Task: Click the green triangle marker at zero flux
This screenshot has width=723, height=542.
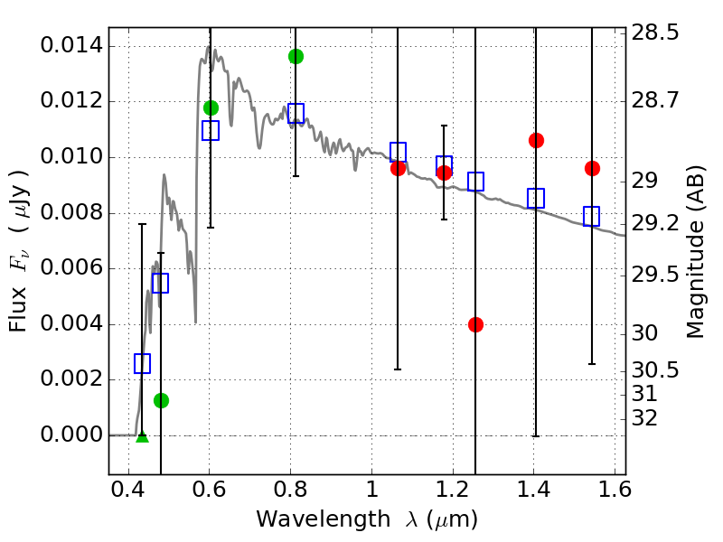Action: click(x=142, y=436)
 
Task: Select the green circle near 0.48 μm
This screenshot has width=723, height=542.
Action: click(x=161, y=400)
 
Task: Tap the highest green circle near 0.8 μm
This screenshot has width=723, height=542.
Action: click(x=296, y=56)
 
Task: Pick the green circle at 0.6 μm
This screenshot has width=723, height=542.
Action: click(x=211, y=107)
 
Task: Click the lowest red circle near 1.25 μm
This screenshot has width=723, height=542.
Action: click(x=475, y=324)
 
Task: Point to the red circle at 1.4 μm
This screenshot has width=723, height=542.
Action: click(x=536, y=140)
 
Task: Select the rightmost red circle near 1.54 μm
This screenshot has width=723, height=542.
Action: click(x=592, y=168)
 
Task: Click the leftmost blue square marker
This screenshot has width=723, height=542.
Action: click(x=142, y=363)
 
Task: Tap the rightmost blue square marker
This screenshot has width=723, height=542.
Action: click(x=592, y=216)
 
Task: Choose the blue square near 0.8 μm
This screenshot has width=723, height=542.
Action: click(x=296, y=113)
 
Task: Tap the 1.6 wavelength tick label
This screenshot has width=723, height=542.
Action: click(x=615, y=493)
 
